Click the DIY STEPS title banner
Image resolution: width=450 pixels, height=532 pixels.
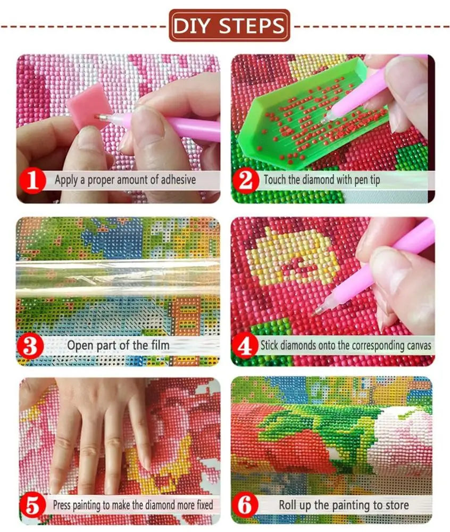pos(230,25)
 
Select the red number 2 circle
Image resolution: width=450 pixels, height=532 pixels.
pos(246,180)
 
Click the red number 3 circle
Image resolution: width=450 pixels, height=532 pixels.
pos(31,345)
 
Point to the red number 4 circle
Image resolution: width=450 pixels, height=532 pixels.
pos(245,345)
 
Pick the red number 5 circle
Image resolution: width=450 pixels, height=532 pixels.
pos(32,505)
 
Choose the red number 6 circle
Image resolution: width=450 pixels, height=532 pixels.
pos(245,505)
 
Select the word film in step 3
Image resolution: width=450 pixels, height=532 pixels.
pos(159,345)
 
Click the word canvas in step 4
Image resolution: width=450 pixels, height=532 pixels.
pos(417,345)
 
